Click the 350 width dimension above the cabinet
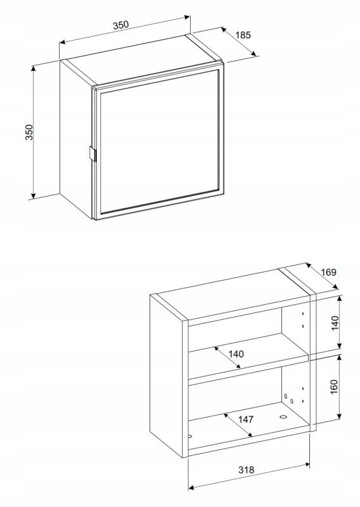[x=121, y=25]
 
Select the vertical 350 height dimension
[x=29, y=132]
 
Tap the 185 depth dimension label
[x=243, y=35]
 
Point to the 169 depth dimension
[x=328, y=273]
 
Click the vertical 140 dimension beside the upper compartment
[x=335, y=323]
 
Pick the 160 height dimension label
[x=334, y=387]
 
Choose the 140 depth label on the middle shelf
[x=236, y=354]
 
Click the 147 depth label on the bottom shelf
[x=246, y=420]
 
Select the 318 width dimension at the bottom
[x=247, y=470]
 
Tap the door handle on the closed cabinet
[x=92, y=153]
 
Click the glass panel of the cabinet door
[x=159, y=142]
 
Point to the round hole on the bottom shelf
[x=283, y=417]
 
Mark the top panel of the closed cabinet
[x=142, y=60]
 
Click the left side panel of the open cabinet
[x=169, y=376]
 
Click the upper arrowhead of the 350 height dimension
[x=33, y=69]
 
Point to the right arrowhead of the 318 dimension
[x=306, y=465]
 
